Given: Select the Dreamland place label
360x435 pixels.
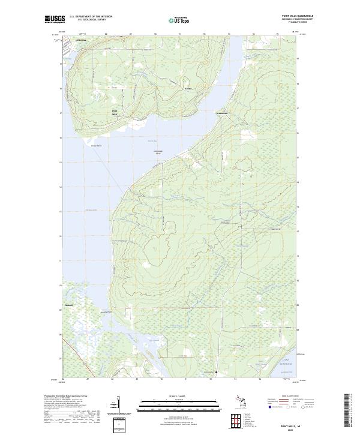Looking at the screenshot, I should [x=222, y=112].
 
